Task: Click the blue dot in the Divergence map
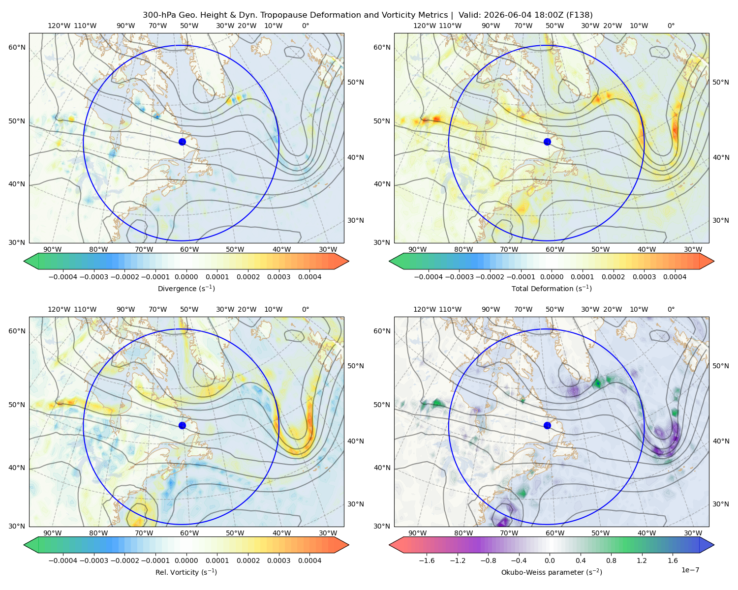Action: click(x=182, y=142)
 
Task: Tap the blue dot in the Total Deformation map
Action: click(x=547, y=142)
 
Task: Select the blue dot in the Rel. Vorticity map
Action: click(x=182, y=425)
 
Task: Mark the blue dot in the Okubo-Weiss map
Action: click(x=547, y=425)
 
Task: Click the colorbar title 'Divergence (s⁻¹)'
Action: click(x=186, y=289)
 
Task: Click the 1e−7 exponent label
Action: click(x=690, y=570)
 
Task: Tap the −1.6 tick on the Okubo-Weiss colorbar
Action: click(x=427, y=560)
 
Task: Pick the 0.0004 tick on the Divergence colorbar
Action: click(x=309, y=277)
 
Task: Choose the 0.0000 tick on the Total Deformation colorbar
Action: click(x=552, y=277)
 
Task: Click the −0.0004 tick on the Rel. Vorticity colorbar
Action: click(x=63, y=560)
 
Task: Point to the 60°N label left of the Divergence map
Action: click(x=17, y=47)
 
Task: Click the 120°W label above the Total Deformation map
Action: click(x=424, y=26)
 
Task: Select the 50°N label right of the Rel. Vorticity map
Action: click(x=356, y=366)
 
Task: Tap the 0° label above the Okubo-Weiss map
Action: click(x=671, y=309)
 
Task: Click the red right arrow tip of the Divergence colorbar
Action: click(x=348, y=261)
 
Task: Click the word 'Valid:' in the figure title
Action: click(x=470, y=15)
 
